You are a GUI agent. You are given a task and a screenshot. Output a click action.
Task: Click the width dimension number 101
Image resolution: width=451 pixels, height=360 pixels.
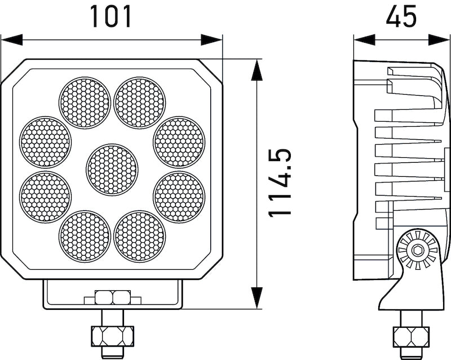click(111, 16)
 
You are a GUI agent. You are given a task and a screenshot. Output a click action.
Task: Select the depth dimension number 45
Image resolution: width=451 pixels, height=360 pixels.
click(401, 16)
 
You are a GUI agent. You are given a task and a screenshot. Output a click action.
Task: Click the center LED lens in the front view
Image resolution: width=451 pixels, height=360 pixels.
click(112, 170)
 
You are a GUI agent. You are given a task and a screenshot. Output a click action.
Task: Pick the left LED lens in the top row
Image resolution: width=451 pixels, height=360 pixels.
click(85, 103)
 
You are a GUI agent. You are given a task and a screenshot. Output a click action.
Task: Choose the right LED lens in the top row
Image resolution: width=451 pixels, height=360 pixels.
click(140, 103)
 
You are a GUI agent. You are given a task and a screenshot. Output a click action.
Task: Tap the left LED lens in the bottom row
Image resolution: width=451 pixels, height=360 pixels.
click(85, 236)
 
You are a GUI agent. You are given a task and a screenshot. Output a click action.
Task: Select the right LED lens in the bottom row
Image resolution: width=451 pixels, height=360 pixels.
click(140, 236)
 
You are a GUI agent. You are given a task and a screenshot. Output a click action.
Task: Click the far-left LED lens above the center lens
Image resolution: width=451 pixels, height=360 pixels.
click(46, 142)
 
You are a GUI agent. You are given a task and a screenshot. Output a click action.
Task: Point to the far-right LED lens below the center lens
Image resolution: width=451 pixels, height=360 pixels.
click(179, 197)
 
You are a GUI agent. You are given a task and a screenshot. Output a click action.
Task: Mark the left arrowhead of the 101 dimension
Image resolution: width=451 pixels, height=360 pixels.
click(11, 39)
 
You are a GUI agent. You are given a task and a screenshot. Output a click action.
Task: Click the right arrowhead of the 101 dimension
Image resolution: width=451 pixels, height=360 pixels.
click(212, 39)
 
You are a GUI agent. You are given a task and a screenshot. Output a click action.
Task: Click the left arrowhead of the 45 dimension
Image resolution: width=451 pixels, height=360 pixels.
click(364, 39)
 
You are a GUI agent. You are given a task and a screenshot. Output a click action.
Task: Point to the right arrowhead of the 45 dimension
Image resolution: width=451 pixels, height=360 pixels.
click(439, 39)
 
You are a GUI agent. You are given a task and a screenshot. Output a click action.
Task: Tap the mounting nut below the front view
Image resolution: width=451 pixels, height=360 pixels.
click(112, 336)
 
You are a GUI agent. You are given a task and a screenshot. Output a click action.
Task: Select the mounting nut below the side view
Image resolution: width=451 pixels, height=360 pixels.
click(411, 336)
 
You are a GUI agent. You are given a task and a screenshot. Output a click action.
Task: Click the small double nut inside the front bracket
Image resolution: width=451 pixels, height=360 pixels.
click(113, 297)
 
